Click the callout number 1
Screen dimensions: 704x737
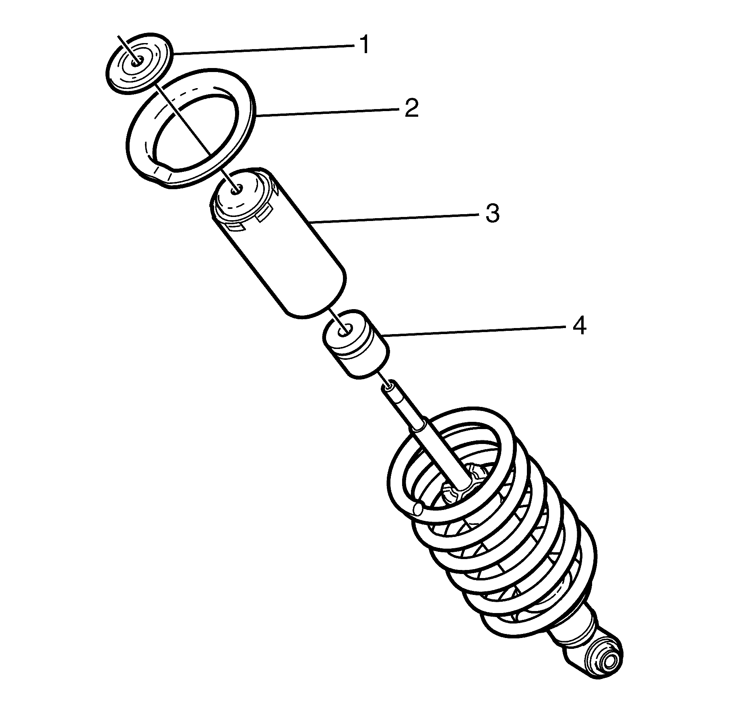coord(364,45)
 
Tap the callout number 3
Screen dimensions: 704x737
coord(492,213)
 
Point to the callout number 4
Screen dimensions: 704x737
coord(578,326)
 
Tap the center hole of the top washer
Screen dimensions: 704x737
coord(137,61)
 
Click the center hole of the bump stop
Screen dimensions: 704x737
coord(343,331)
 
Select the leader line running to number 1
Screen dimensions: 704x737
coord(262,50)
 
